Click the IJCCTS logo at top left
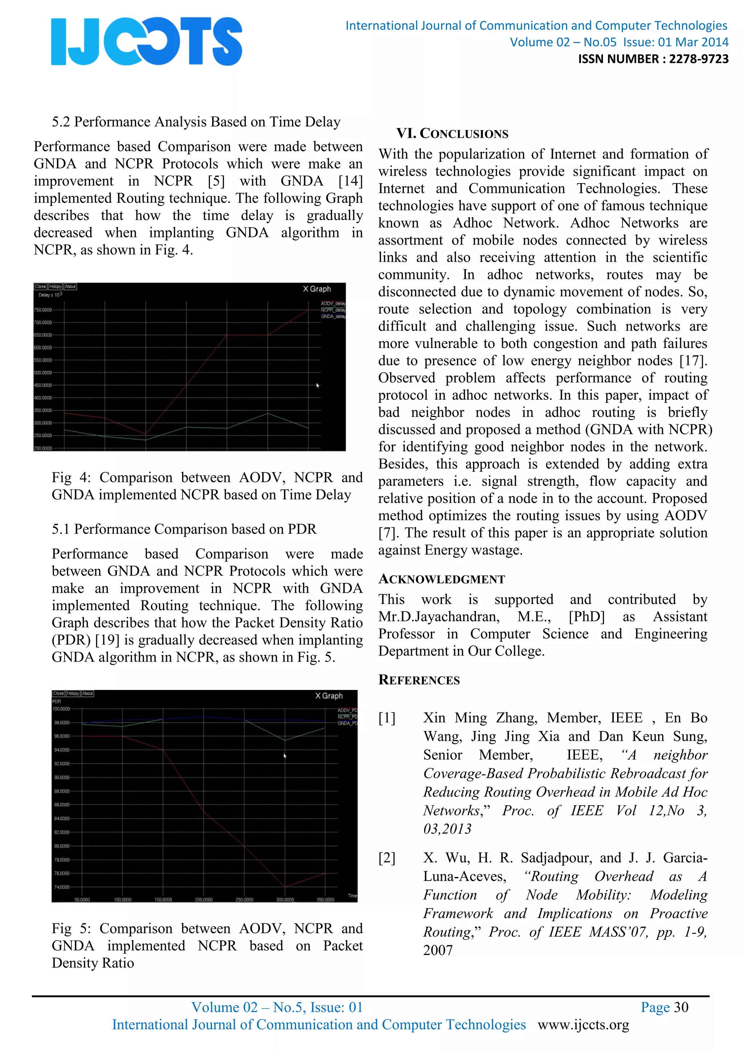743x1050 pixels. point(147,41)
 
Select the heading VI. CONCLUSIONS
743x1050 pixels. point(452,133)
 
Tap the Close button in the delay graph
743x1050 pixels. point(40,287)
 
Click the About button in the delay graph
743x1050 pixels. point(70,287)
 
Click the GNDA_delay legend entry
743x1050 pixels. point(333,317)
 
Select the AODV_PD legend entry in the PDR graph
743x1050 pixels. point(347,710)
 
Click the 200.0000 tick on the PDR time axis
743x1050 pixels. point(204,900)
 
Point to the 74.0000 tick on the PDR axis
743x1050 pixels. point(62,887)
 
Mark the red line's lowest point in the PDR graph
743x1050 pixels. point(285,887)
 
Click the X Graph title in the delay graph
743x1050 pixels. point(317,289)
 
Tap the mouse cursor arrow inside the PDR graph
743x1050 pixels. point(284,756)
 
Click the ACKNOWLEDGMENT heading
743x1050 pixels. point(442,579)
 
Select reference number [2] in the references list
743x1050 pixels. point(387,857)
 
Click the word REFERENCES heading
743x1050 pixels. point(419,680)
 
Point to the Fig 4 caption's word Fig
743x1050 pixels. point(61,478)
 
